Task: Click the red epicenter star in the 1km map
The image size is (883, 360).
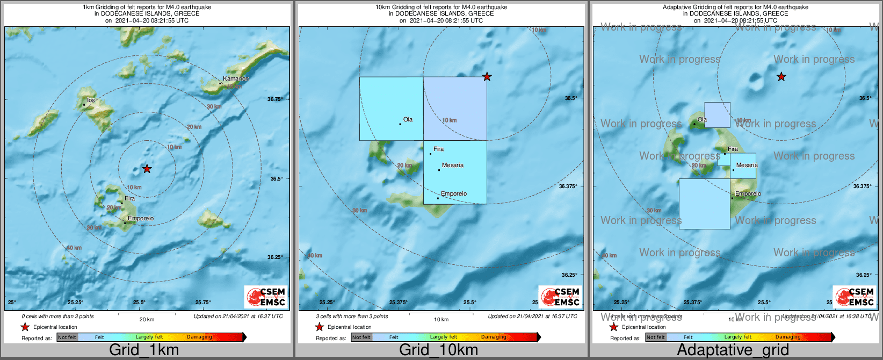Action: coord(147,169)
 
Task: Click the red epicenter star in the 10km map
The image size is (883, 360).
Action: coord(487,77)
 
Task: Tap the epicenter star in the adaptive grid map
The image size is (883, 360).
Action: coord(781,77)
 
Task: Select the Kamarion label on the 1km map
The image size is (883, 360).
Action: coord(236,79)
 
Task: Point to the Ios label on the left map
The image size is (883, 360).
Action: coord(91,100)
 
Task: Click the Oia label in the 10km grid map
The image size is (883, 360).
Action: coord(408,120)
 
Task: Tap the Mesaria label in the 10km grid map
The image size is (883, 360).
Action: coord(452,165)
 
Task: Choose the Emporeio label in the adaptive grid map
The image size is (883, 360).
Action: coord(748,194)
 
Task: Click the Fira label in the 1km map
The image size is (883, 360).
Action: coord(129,199)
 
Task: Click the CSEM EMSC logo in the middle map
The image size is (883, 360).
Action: coord(560,297)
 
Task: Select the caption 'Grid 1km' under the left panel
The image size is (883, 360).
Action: coord(144,350)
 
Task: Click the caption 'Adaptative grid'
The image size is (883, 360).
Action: coord(733,350)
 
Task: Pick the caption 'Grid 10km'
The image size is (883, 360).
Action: coord(438,350)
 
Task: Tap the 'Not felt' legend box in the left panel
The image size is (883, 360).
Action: coord(67,337)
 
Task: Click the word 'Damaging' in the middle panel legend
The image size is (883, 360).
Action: coord(494,337)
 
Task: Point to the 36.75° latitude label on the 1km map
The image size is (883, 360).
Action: coord(275,99)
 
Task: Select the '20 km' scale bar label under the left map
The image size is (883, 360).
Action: coord(147,320)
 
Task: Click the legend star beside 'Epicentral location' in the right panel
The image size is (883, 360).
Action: coord(613,327)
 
